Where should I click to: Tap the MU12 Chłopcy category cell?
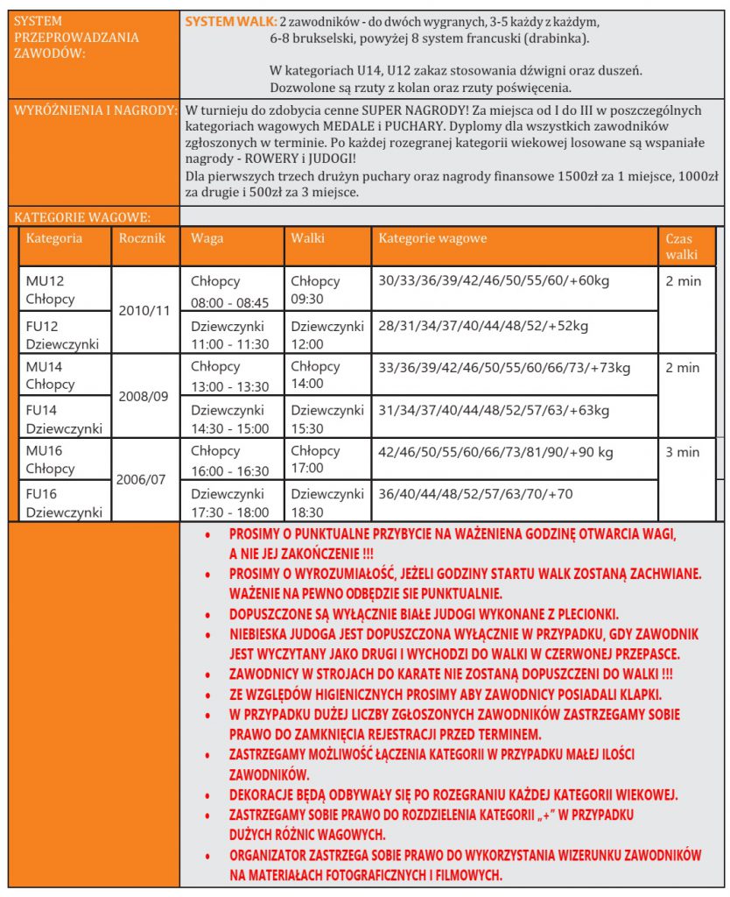[x=51, y=290]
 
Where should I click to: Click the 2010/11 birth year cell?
[x=145, y=310]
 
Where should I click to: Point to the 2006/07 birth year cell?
[x=145, y=481]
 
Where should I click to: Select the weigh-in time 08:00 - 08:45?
[x=229, y=303]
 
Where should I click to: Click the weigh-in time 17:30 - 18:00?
[x=229, y=512]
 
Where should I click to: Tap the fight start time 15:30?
[x=307, y=428]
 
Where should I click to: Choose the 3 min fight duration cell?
[x=683, y=452]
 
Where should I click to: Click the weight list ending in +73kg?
[x=503, y=367]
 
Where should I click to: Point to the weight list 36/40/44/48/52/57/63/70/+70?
[x=475, y=494]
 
